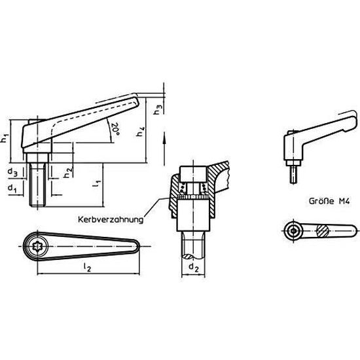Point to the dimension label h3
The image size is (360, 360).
(157, 109)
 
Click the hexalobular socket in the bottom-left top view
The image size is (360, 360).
(38, 245)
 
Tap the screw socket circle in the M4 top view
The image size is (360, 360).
(293, 231)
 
